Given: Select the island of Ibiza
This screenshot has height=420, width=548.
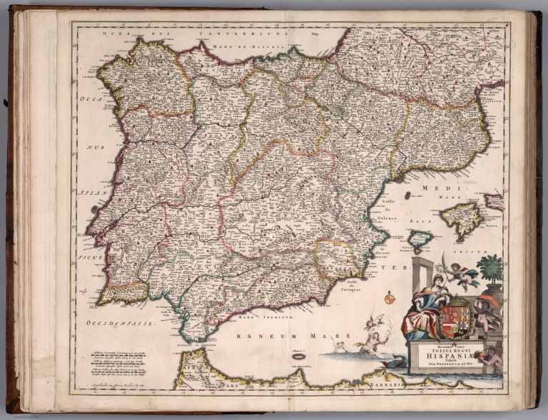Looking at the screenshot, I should pos(420,239).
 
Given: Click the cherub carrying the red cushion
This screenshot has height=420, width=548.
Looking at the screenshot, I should pos(487,312).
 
